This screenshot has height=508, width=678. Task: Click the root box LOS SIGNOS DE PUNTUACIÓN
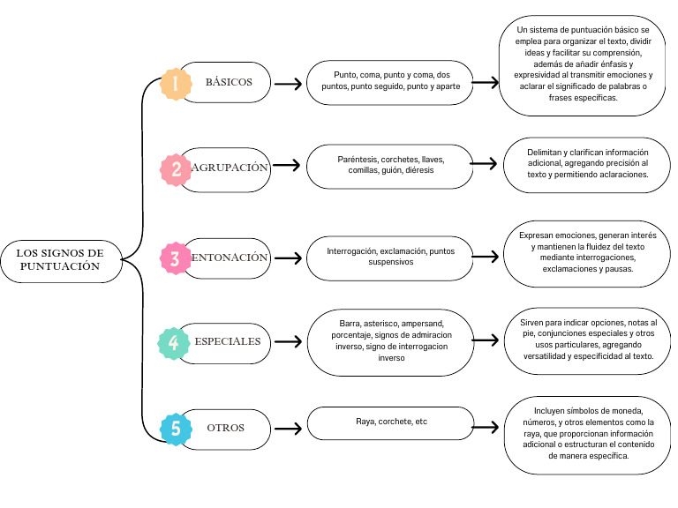60,259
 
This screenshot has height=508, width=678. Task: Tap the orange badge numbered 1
176,84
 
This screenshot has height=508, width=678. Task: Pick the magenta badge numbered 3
176,258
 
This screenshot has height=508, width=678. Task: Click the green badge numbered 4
174,342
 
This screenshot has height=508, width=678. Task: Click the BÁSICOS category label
229,82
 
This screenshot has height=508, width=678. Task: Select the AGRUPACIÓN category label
228,167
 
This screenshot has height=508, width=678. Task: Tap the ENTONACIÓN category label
228,258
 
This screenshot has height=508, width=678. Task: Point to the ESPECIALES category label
228,341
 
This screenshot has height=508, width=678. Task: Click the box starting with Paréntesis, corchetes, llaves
385,166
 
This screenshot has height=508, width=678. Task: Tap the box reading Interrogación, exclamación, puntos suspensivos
385,257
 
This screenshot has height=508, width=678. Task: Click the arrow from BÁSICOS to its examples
288,84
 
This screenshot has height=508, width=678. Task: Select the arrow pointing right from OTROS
288,429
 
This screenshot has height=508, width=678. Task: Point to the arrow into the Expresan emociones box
486,257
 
